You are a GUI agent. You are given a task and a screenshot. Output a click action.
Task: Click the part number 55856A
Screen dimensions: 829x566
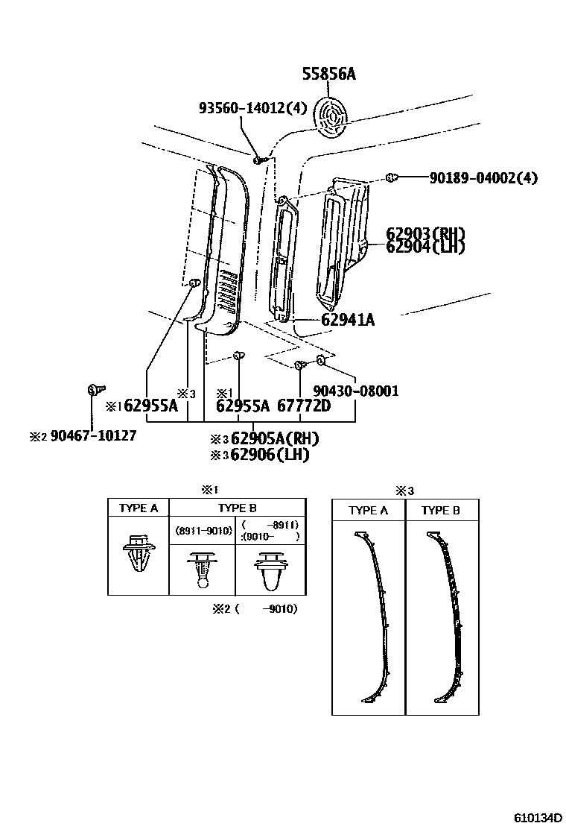coord(329,74)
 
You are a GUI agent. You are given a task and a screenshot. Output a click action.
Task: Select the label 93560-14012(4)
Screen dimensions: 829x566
coord(252,108)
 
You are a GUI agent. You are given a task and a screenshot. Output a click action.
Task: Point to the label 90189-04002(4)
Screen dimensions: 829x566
coord(483,178)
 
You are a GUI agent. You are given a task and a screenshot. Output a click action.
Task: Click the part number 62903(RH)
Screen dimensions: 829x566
coord(425,233)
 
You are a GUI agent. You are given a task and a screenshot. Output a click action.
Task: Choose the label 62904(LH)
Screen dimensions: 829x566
coord(425,247)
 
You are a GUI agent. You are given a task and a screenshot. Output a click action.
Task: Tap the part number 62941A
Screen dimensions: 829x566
coord(348,320)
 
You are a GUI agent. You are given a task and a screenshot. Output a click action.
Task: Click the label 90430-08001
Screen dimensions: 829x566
coord(356,390)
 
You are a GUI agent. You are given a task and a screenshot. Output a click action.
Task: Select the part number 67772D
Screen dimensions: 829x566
coord(303,406)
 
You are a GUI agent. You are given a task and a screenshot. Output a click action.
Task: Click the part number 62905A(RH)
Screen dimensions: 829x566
coord(275,438)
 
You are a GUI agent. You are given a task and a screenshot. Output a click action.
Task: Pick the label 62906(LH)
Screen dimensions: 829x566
coord(270,454)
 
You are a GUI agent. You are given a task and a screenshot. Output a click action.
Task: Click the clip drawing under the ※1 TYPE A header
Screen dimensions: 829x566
coord(139,556)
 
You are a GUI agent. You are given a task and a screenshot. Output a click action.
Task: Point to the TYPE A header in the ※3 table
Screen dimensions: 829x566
coord(369,511)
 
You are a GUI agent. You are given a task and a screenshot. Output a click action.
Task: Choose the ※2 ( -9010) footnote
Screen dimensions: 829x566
coord(255,609)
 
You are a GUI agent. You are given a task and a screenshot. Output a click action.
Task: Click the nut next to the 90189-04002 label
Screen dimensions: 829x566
coord(391,177)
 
